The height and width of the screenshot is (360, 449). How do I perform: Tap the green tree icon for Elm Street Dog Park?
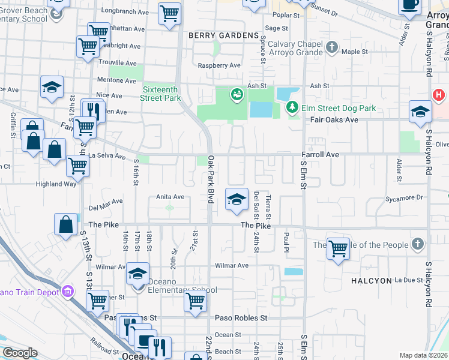tap(292, 108)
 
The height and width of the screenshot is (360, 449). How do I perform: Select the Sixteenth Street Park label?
tap(161, 94)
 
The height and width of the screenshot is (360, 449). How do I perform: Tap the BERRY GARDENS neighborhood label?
tap(223, 36)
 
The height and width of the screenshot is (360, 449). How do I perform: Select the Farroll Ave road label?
tap(320, 155)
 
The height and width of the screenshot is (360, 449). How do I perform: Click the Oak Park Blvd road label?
tap(211, 179)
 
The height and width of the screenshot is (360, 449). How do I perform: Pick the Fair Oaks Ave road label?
tap(334, 120)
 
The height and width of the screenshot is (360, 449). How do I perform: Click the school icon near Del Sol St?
tap(237, 199)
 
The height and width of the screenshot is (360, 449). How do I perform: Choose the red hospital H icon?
tap(439, 95)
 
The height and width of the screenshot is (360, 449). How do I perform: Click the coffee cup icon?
tap(410, 5)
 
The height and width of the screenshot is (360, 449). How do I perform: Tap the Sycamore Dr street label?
tap(405, 197)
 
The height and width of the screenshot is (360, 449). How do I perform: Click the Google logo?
tap(20, 353)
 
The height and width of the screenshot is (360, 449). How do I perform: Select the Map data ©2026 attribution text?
tap(423, 355)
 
